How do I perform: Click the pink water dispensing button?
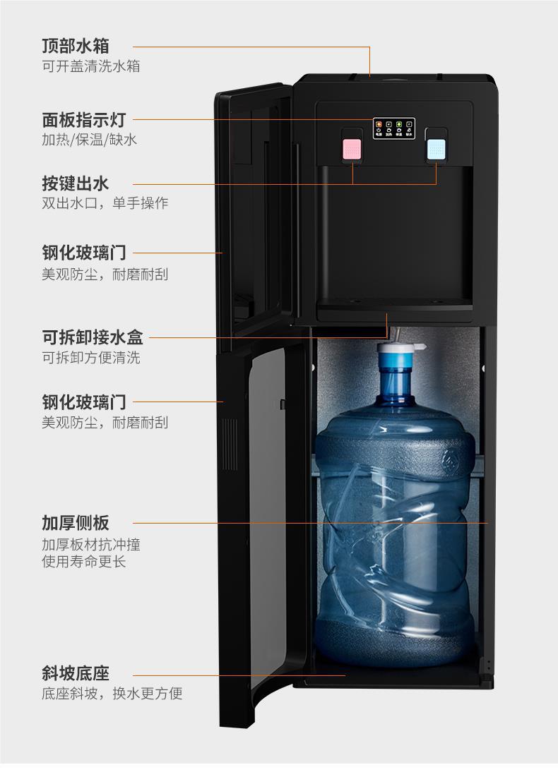tap(352, 148)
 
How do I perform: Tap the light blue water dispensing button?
tap(436, 148)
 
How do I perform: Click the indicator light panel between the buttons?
tap(393, 129)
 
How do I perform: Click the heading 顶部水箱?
tap(75, 47)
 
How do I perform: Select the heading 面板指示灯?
tap(83, 120)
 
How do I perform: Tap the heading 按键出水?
tap(75, 184)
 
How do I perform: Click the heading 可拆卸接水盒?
tap(92, 337)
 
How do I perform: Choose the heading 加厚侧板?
tap(75, 523)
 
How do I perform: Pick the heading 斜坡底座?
tap(75, 674)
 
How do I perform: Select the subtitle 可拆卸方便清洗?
tap(90, 358)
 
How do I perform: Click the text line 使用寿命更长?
tap(83, 562)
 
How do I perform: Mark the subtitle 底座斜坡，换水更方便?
tap(112, 694)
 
